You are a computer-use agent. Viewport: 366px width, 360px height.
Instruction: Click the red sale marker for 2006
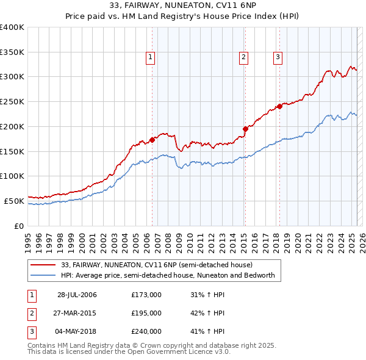click(152, 139)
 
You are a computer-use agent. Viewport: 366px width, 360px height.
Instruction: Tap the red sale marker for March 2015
click(245, 128)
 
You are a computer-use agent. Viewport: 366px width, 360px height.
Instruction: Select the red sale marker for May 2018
click(279, 106)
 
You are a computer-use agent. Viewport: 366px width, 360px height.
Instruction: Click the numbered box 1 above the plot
click(150, 57)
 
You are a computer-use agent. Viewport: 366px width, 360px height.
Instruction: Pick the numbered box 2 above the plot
click(243, 57)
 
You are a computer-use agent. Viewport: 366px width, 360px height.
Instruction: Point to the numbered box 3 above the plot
click(278, 57)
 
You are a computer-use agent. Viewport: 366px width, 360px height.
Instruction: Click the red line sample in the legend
click(42, 265)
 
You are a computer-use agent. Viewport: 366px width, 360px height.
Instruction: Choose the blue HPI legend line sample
click(42, 275)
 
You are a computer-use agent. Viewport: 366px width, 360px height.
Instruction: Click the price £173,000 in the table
click(146, 295)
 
